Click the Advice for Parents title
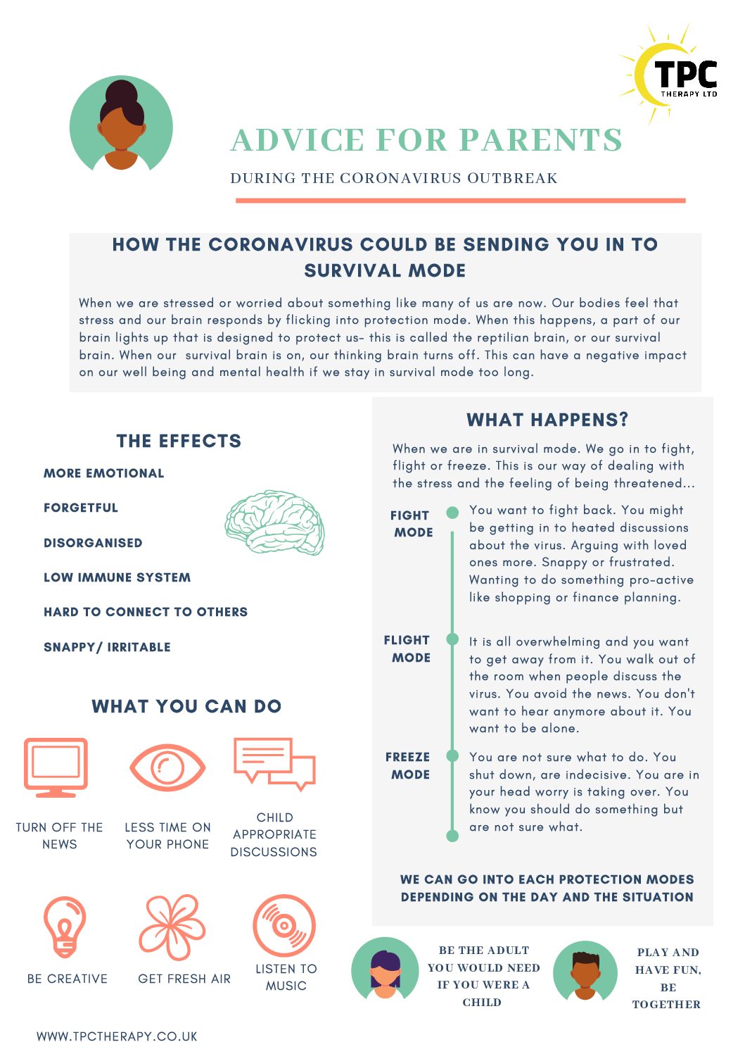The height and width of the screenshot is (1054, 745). tap(426, 139)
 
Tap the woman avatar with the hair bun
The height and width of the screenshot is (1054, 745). tap(121, 123)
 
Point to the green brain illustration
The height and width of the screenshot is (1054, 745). tap(274, 522)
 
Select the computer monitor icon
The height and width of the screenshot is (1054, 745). tap(56, 767)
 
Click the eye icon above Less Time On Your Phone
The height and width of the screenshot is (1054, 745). tap(167, 768)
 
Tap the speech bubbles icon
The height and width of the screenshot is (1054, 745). tap(274, 764)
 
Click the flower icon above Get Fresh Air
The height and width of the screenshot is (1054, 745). tap(172, 927)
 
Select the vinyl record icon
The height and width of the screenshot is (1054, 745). tap(284, 926)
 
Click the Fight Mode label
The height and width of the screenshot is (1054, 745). tap(412, 524)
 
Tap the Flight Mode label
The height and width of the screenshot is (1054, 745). tap(407, 648)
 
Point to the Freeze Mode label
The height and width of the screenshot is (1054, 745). tap(408, 765)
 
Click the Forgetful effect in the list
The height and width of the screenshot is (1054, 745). tap(81, 508)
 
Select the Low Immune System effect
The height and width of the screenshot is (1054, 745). tap(117, 577)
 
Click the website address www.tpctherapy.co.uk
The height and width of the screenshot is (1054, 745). tap(117, 1036)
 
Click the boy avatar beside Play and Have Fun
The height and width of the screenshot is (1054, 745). tap(585, 970)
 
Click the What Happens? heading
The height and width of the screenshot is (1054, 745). tap(547, 419)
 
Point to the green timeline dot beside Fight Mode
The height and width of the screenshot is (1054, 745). tap(452, 513)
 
